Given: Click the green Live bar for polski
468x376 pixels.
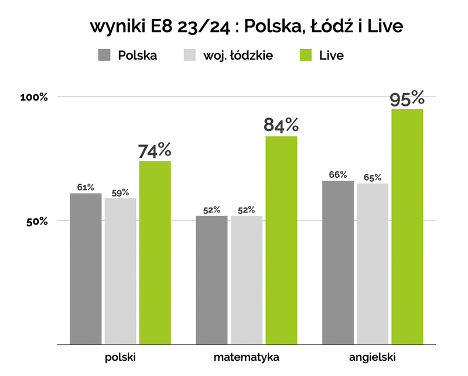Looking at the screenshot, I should (155, 253).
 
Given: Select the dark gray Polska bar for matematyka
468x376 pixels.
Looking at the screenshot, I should (211, 280).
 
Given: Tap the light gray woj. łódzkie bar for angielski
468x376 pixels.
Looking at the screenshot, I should (373, 264).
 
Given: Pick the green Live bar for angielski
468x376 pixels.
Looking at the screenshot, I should (407, 227).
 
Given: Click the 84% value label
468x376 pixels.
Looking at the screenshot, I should (281, 125).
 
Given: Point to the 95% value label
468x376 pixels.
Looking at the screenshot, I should (407, 98).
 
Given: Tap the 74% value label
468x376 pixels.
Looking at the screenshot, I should (155, 150).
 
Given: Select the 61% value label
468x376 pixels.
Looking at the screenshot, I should (86, 187).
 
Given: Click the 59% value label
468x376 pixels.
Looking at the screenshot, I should (120, 192).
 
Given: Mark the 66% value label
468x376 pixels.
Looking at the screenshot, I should (338, 175).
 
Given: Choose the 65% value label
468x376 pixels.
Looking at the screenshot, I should (373, 177).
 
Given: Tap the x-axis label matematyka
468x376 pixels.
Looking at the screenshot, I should (246, 357).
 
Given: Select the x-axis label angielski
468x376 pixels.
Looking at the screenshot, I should (372, 357).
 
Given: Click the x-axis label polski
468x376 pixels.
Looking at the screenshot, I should (120, 357).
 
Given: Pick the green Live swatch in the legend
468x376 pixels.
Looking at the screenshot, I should (306, 56).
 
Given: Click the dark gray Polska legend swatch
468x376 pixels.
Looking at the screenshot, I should (105, 56).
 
